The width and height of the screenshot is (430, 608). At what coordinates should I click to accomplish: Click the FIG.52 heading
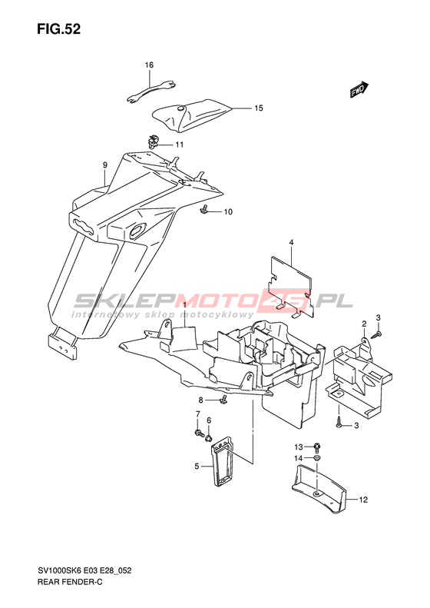pyautogui.click(x=59, y=29)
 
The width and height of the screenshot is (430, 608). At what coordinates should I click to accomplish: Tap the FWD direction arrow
pyautogui.click(x=359, y=90)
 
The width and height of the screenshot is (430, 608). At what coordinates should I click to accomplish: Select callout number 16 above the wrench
pyautogui.click(x=150, y=65)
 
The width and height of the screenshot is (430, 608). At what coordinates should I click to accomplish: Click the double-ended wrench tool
pyautogui.click(x=151, y=91)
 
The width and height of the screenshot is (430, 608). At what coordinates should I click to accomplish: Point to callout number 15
pyautogui.click(x=259, y=108)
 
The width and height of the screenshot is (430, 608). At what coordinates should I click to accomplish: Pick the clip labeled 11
pyautogui.click(x=154, y=141)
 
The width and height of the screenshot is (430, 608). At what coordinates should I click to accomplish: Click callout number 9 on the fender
pyautogui.click(x=105, y=164)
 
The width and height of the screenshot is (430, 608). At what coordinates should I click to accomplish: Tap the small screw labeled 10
pyautogui.click(x=203, y=210)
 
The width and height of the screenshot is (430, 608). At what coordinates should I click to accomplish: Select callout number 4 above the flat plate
pyautogui.click(x=291, y=242)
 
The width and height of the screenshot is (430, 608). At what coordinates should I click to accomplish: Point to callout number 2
pyautogui.click(x=364, y=324)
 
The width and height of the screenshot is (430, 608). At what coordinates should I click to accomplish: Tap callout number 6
pyautogui.click(x=209, y=420)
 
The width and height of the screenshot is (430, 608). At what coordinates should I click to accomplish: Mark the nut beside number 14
pyautogui.click(x=316, y=458)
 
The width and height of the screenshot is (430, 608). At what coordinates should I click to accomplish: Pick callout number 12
pyautogui.click(x=363, y=500)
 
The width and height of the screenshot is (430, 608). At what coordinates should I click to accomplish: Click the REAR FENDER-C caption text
pyautogui.click(x=70, y=582)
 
